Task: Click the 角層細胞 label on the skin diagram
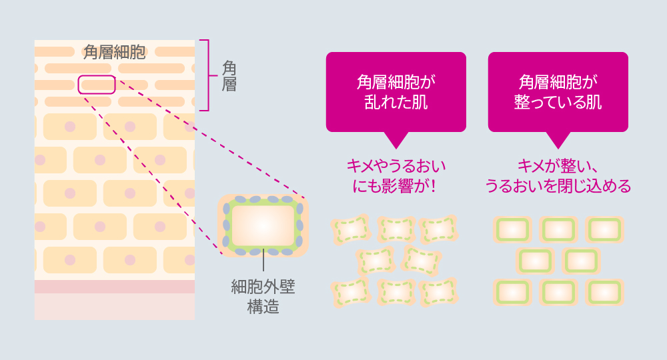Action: click(115, 52)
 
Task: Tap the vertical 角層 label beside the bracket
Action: click(229, 76)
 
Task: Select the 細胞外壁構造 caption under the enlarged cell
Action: click(263, 297)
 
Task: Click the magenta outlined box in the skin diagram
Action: click(97, 85)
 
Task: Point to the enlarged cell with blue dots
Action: click(263, 226)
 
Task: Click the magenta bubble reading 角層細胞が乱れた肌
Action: click(396, 92)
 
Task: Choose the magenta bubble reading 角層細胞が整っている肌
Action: click(558, 92)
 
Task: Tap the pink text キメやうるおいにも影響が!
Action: click(396, 176)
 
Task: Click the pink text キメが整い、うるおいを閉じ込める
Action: click(558, 176)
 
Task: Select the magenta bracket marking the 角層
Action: click(208, 75)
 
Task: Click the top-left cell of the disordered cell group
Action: click(351, 229)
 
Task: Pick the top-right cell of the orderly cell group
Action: click(604, 229)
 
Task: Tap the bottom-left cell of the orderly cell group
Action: click(512, 293)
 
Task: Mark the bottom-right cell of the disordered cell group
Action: click(439, 293)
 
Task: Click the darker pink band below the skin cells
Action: click(115, 287)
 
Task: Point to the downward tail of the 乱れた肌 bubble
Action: click(396, 140)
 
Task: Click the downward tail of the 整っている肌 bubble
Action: click(558, 140)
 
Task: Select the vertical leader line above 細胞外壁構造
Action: click(263, 260)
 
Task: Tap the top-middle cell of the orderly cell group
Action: click(558, 229)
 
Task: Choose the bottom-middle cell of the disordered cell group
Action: click(396, 293)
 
